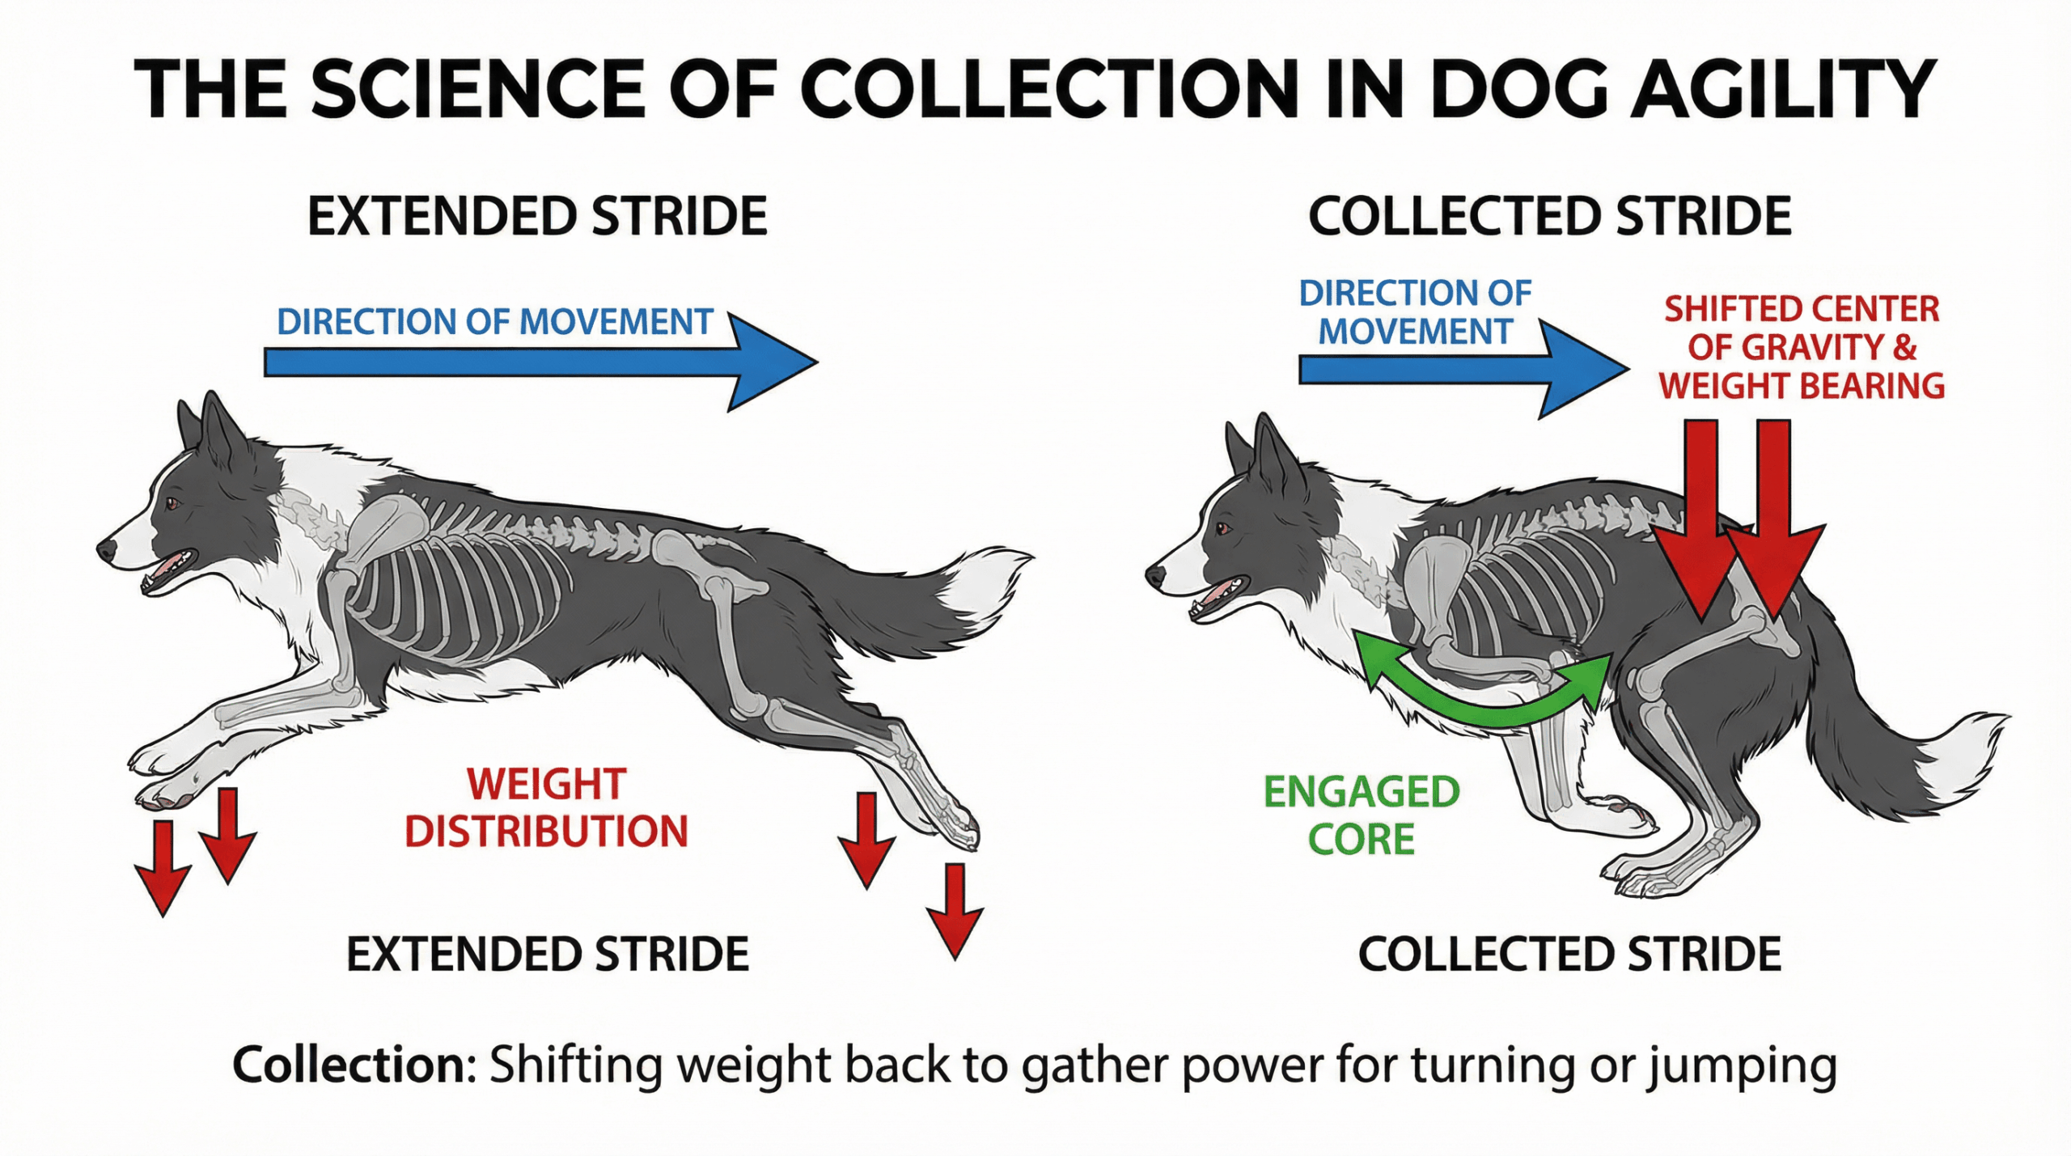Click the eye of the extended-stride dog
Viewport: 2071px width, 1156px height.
pos(172,504)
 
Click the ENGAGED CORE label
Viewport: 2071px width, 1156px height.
pos(1362,815)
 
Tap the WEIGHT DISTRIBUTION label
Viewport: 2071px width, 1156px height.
pos(546,808)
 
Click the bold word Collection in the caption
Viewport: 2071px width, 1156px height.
pos(353,1066)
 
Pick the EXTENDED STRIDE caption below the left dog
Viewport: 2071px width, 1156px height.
pos(548,955)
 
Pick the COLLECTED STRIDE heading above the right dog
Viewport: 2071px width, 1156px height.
pos(1549,217)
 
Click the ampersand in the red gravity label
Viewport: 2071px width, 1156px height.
pos(1904,348)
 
